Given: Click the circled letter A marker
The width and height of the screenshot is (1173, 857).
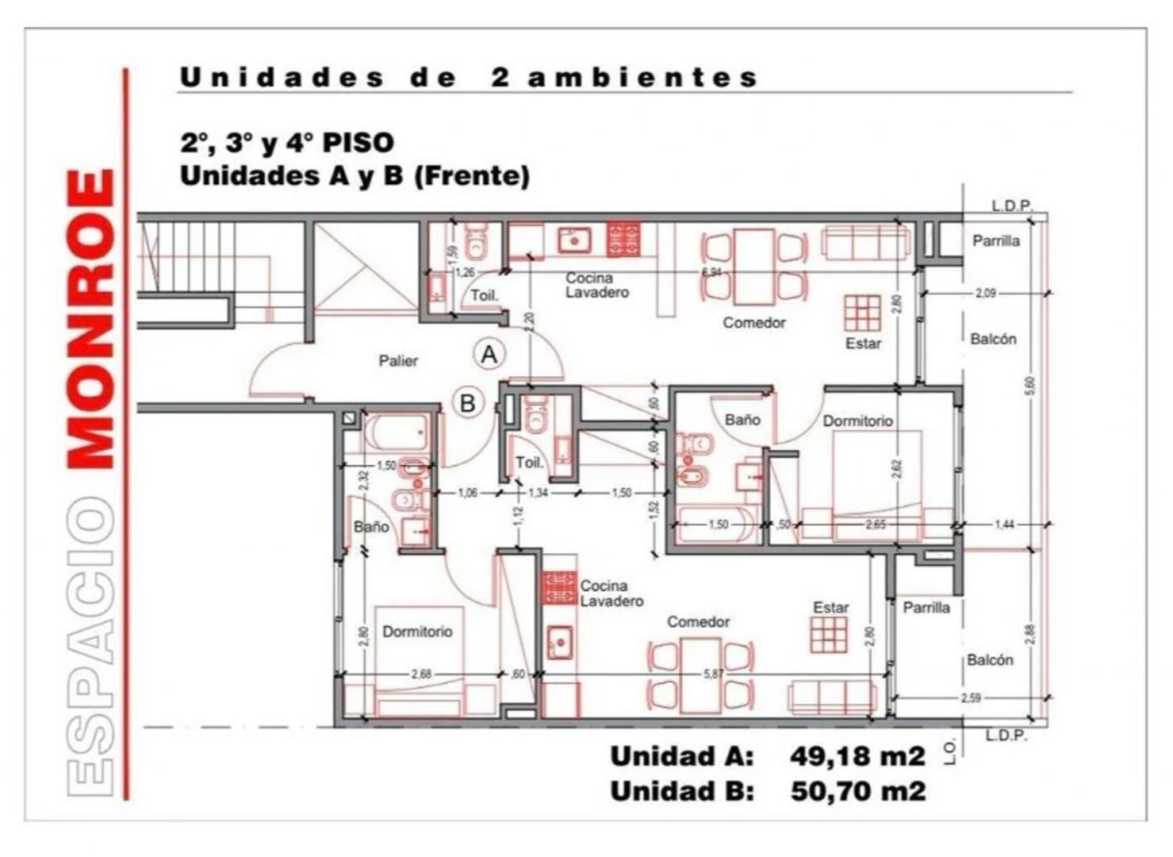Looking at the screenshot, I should tap(489, 354).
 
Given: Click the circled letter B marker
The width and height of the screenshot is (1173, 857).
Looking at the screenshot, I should tap(468, 403).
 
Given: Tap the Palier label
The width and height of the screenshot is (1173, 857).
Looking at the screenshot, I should tap(398, 361).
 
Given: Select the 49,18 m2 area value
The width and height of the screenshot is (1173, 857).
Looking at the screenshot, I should tap(857, 756).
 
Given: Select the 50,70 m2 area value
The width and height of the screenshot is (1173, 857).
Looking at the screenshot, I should tap(857, 791).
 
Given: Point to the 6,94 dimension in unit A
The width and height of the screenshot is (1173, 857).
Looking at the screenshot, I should tap(711, 272).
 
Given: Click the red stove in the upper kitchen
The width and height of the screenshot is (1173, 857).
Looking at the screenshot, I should tap(623, 240).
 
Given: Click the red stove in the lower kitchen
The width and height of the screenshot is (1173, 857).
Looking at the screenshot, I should tap(559, 588).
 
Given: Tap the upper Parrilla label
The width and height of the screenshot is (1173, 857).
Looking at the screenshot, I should tap(996, 241).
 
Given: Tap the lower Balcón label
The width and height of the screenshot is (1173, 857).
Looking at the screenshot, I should tap(990, 660).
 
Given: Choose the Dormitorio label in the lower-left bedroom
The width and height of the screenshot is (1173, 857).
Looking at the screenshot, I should tap(417, 632).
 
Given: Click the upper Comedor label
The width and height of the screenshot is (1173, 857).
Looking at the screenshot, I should tap(754, 323).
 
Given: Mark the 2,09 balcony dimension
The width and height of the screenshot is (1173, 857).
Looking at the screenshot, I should tap(985, 294).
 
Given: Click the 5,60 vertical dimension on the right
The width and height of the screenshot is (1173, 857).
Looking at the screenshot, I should tap(1029, 386).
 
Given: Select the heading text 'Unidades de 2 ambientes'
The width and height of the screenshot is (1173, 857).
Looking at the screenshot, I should tap(469, 78).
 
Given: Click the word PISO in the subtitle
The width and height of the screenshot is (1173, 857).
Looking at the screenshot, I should tap(358, 143).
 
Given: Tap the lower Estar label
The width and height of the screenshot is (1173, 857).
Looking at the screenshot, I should tap(830, 608).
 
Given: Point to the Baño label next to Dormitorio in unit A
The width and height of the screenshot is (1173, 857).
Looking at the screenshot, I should tap(742, 420).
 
